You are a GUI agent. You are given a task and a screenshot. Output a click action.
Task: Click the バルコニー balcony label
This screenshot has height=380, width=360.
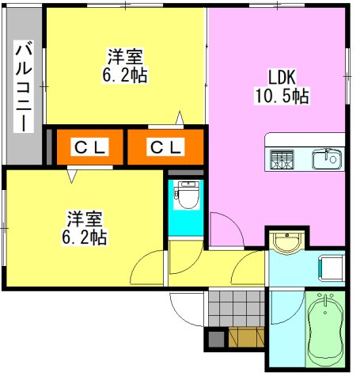pyautogui.click(x=23, y=86)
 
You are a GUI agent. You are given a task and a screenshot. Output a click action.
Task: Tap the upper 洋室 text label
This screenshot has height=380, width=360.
pyautogui.click(x=125, y=57)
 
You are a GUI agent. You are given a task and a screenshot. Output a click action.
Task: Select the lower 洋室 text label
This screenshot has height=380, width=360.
pyautogui.click(x=84, y=218)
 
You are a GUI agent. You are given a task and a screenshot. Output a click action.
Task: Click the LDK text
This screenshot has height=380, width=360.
pyautogui.click(x=280, y=78)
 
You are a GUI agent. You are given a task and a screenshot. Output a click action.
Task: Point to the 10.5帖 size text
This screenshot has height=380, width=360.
pyautogui.click(x=281, y=97)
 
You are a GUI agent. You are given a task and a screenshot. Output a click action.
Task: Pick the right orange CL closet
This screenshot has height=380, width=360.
pyautogui.click(x=166, y=146)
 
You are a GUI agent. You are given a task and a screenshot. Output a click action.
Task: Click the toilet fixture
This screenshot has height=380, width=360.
pyautogui.click(x=187, y=195)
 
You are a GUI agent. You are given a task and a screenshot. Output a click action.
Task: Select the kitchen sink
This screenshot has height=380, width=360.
pyautogui.click(x=327, y=159)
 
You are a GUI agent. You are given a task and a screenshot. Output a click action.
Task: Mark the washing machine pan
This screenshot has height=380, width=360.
pyautogui.click(x=332, y=268)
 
